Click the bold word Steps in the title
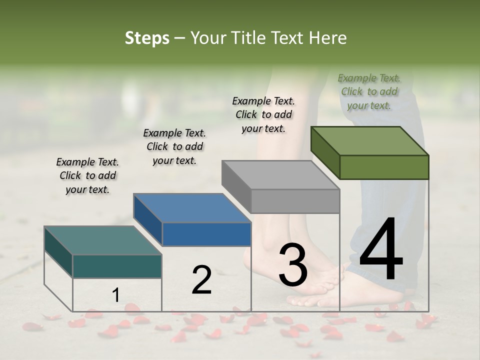(146, 38)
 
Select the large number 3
(293, 265)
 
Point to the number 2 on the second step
(201, 280)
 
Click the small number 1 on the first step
(115, 295)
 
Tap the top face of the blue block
(192, 208)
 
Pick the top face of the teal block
(103, 240)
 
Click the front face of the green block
(384, 167)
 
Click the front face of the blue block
(206, 234)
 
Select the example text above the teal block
(87, 175)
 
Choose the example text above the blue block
(174, 146)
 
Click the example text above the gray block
(263, 114)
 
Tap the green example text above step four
(369, 91)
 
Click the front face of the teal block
(117, 266)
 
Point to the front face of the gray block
(295, 201)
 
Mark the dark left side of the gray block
(236, 186)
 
